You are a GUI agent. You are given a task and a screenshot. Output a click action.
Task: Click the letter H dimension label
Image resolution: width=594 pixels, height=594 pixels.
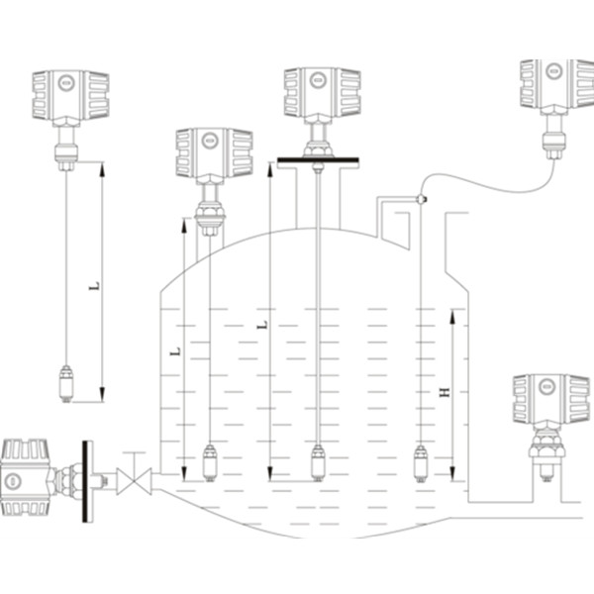[445, 393]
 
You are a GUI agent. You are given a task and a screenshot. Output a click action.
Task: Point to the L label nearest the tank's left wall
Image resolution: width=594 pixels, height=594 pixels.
[175, 350]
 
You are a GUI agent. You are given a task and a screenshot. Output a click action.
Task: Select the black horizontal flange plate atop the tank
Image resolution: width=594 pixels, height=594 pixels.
[318, 160]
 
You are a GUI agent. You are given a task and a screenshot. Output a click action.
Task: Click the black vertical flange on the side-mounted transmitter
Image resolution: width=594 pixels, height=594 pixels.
[88, 480]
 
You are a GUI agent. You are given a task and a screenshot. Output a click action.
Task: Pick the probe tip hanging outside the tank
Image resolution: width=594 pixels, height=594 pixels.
[66, 383]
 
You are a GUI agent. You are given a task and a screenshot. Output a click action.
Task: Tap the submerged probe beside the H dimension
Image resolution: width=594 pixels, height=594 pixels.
[420, 462]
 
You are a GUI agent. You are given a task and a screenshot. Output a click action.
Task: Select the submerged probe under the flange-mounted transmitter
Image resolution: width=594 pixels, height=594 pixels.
[318, 462]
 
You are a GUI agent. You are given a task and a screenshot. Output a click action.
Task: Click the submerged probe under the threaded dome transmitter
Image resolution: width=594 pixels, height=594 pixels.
[210, 462]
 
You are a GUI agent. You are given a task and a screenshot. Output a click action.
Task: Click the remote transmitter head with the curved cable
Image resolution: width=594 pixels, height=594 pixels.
[556, 83]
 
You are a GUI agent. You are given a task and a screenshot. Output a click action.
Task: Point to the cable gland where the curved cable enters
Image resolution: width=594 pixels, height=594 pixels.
[421, 199]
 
